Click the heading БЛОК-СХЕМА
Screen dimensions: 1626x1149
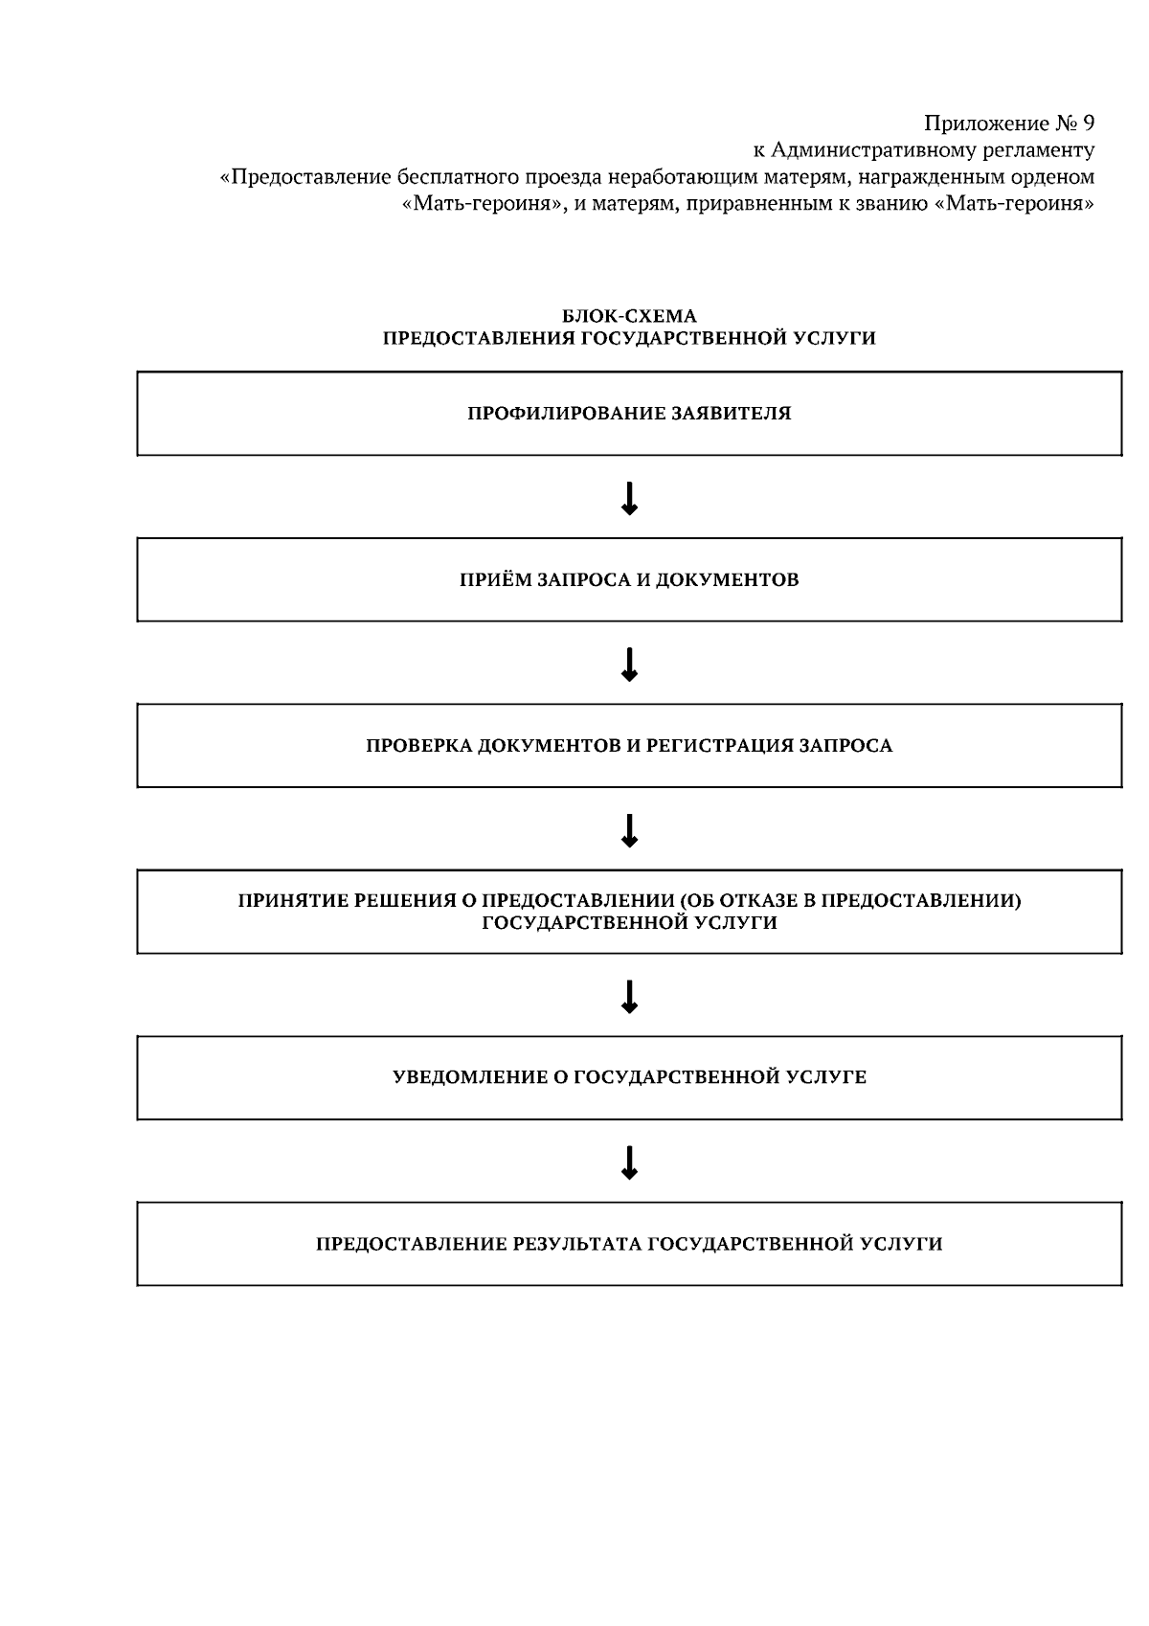(x=629, y=316)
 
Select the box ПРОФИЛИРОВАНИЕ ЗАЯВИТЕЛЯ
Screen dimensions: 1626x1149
(x=629, y=414)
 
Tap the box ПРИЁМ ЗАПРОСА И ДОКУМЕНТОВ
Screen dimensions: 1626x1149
(x=629, y=579)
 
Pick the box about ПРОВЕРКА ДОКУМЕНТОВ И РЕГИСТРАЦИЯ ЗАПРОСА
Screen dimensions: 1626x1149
(x=629, y=745)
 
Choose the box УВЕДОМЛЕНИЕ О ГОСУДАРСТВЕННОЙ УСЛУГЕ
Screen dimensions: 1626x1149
(x=629, y=1077)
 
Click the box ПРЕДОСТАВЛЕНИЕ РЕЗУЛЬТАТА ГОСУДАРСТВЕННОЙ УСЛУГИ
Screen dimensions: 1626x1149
(x=629, y=1244)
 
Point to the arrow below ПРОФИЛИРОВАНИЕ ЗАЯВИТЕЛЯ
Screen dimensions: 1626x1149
(x=629, y=498)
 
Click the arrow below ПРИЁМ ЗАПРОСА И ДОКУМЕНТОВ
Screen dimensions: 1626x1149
(x=629, y=664)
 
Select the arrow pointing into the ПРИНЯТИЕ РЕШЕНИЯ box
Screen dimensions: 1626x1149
(x=629, y=829)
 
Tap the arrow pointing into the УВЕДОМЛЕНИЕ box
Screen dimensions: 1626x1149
(x=629, y=996)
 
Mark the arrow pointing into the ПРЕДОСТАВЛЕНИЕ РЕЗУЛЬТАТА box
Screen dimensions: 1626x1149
(x=629, y=1162)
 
